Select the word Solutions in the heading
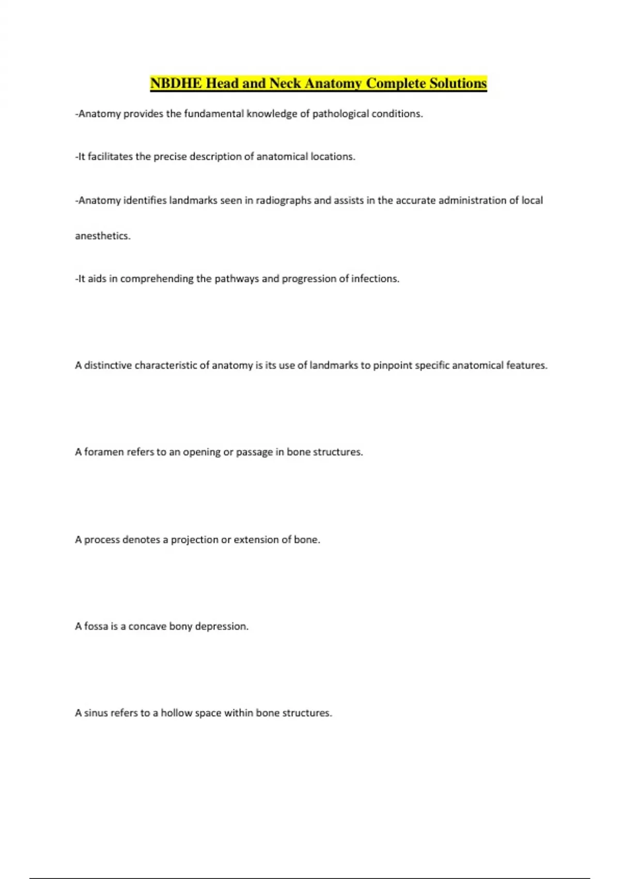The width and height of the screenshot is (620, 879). pyautogui.click(x=458, y=83)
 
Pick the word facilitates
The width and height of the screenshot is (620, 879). pyautogui.click(x=110, y=157)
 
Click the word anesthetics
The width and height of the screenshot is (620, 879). pyautogui.click(x=103, y=236)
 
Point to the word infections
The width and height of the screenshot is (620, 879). pyautogui.click(x=375, y=279)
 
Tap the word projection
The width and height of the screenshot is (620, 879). pyautogui.click(x=195, y=540)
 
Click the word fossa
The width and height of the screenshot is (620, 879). pyautogui.click(x=96, y=626)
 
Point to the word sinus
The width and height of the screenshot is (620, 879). pyautogui.click(x=96, y=713)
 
